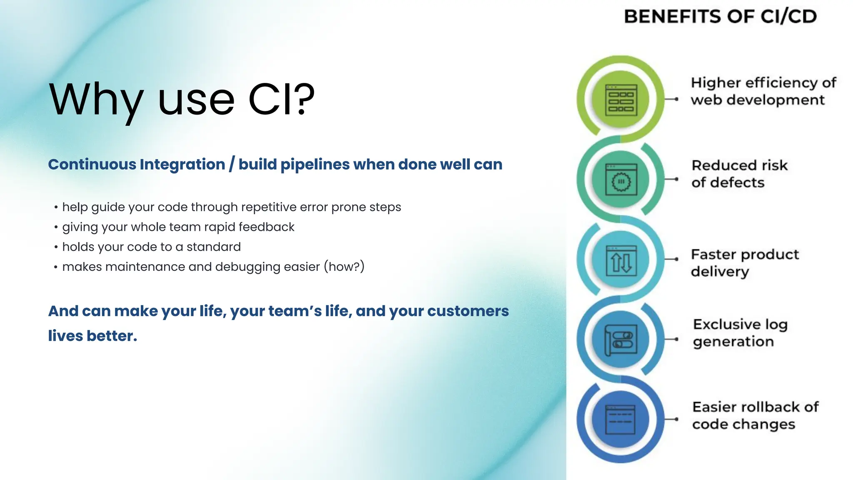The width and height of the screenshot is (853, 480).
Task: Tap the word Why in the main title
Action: click(96, 100)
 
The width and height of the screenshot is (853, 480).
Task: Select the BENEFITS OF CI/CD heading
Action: click(720, 17)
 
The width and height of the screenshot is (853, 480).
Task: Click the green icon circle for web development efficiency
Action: click(621, 100)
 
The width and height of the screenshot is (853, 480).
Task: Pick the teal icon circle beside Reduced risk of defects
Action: click(621, 180)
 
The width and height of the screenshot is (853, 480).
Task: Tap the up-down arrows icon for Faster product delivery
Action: click(621, 260)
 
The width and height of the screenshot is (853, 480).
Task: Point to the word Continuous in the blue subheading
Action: click(92, 164)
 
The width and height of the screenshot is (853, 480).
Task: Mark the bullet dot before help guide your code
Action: click(56, 207)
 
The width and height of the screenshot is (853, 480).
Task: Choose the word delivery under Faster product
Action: click(720, 272)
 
